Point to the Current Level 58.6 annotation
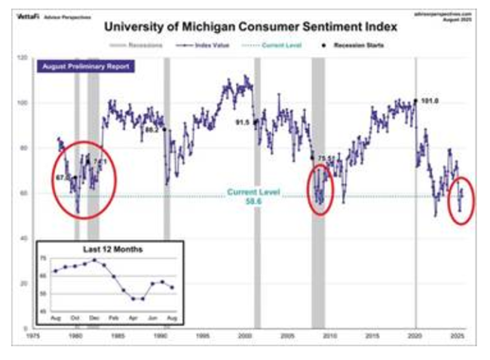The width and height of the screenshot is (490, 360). click(x=254, y=197)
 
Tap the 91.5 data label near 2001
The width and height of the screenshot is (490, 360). click(x=243, y=121)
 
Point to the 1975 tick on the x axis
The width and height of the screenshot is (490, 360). click(x=34, y=336)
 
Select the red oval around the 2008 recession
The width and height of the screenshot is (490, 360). click(x=322, y=188)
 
